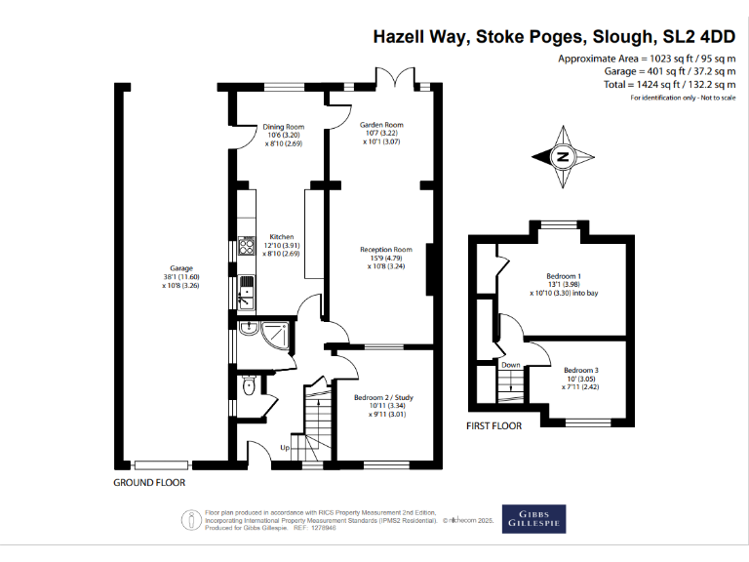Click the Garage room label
[181, 268]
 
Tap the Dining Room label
[283, 127]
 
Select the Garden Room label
[381, 125]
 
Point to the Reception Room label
[386, 250]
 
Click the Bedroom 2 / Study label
[383, 398]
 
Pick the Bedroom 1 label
[564, 276]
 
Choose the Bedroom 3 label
[581, 371]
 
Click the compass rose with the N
[563, 157]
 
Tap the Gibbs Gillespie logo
[534, 519]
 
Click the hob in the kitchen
[247, 246]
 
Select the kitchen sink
[247, 292]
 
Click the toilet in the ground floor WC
[249, 385]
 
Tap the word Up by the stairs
[285, 448]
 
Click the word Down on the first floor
[511, 365]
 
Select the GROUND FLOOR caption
[149, 483]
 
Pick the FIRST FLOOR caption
[493, 425]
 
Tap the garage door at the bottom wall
[162, 465]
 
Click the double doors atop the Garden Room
[396, 77]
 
